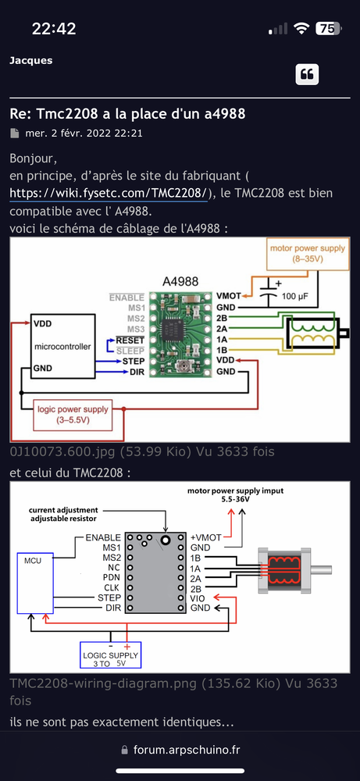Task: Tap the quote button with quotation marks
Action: click(x=307, y=74)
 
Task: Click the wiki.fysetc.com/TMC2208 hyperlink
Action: click(x=108, y=192)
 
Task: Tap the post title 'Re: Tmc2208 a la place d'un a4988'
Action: click(x=127, y=114)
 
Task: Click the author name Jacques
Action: click(x=31, y=60)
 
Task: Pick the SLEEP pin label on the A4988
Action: click(x=132, y=351)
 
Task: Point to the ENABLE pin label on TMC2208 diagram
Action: click(x=103, y=538)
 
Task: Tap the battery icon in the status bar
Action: click(x=327, y=28)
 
